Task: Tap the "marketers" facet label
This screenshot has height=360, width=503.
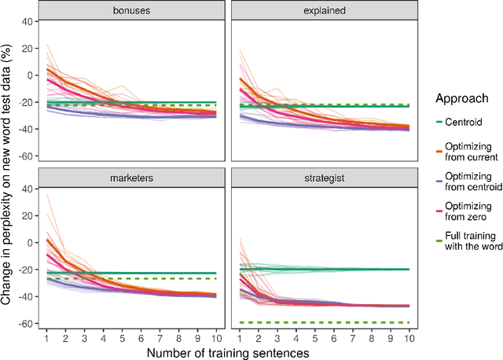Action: tap(134, 178)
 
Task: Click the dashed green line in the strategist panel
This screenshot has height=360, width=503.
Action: tap(338, 321)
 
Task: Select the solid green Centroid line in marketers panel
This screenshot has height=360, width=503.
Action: tap(157, 273)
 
